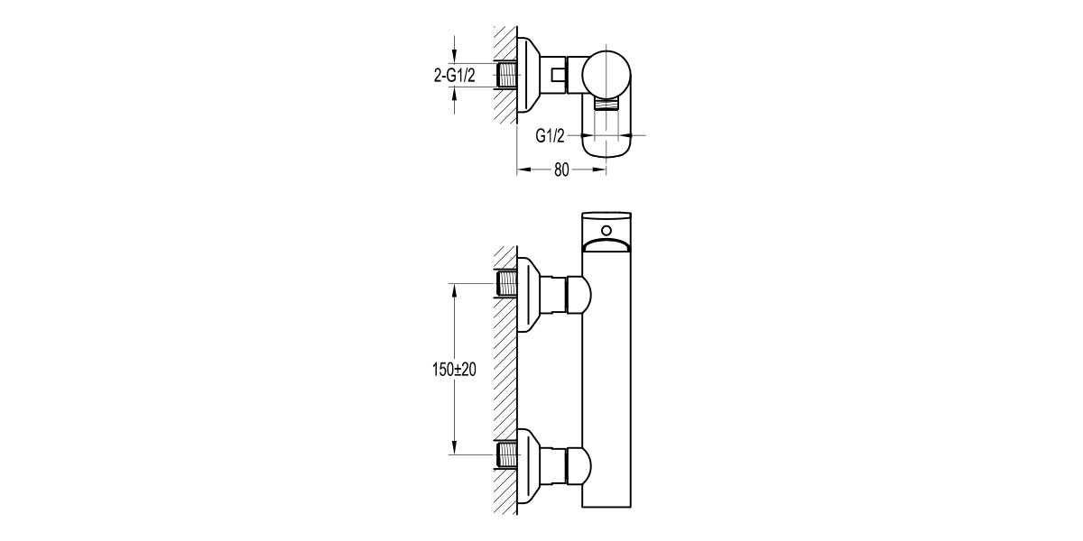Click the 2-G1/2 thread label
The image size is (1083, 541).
pos(456,76)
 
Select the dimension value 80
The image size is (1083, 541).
pos(560,170)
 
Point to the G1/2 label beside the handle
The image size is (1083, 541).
pos(550,136)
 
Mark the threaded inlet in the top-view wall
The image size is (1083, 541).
pos(506,75)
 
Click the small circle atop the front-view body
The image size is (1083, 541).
pos(604,229)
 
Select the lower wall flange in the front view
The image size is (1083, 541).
pos(530,463)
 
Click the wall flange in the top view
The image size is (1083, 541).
pos(530,77)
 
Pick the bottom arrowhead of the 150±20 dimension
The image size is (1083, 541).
pos(454,451)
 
